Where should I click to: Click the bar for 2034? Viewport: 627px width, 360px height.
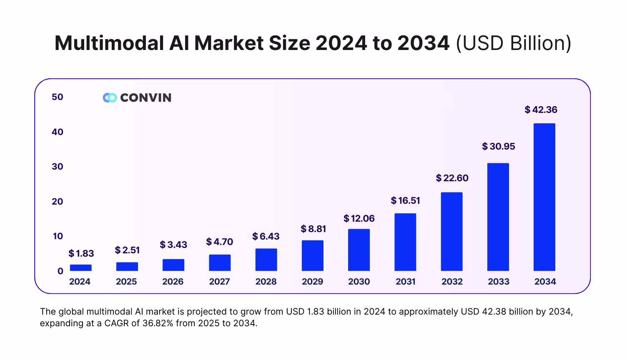click(544, 197)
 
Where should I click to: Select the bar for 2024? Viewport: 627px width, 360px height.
click(80, 267)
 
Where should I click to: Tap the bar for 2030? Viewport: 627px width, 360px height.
click(359, 250)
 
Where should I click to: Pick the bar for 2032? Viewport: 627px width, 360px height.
click(451, 232)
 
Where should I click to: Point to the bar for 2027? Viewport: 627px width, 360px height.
click(220, 262)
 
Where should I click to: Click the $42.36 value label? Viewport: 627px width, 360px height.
click(541, 110)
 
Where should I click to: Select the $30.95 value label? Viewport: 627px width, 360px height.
click(499, 146)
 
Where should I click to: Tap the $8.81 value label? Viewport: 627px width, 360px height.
click(313, 229)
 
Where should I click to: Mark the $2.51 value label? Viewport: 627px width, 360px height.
click(127, 250)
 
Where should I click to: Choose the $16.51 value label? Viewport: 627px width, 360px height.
click(405, 200)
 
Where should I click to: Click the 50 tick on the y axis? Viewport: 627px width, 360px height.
click(58, 97)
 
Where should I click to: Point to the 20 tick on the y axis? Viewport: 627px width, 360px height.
click(58, 201)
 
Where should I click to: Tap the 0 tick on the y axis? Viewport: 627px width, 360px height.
click(60, 271)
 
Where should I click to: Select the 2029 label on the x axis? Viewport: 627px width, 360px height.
click(312, 282)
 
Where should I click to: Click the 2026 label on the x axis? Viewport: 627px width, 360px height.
click(173, 282)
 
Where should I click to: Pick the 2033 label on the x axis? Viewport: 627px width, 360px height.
click(499, 282)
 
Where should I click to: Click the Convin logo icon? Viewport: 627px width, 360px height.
click(110, 97)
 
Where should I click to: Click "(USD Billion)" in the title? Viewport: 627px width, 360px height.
click(513, 43)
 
